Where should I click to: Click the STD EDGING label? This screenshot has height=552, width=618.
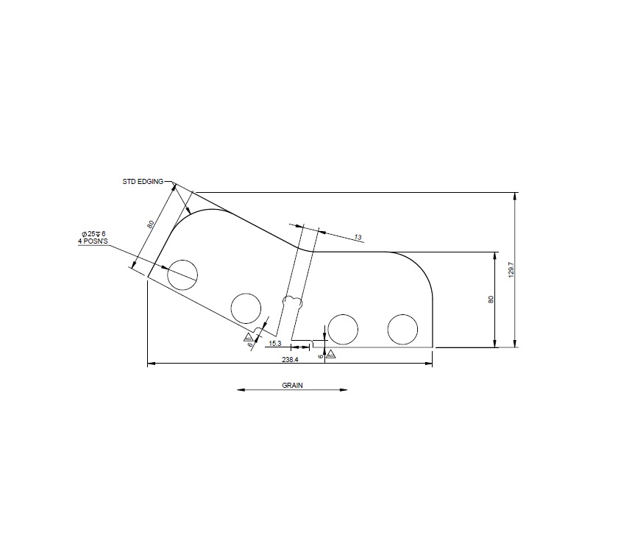point(143,180)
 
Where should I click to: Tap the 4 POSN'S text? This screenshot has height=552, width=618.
point(94,241)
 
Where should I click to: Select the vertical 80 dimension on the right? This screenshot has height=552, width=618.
point(491,300)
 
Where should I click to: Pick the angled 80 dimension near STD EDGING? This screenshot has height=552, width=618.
point(150,224)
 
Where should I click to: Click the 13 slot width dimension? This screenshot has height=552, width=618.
point(358,237)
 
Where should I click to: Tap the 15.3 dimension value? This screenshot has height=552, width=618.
point(274,344)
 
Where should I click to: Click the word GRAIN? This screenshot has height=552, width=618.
point(292,385)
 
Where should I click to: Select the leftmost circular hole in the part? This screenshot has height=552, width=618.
point(182,275)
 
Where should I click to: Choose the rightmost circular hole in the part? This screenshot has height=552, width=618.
point(402,329)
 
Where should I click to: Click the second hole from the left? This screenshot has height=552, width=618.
point(246,308)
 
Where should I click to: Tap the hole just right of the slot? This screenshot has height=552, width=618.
point(343,329)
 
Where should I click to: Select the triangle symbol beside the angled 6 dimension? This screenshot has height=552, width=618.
point(249,337)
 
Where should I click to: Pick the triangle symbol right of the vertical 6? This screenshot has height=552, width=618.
point(330,355)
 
